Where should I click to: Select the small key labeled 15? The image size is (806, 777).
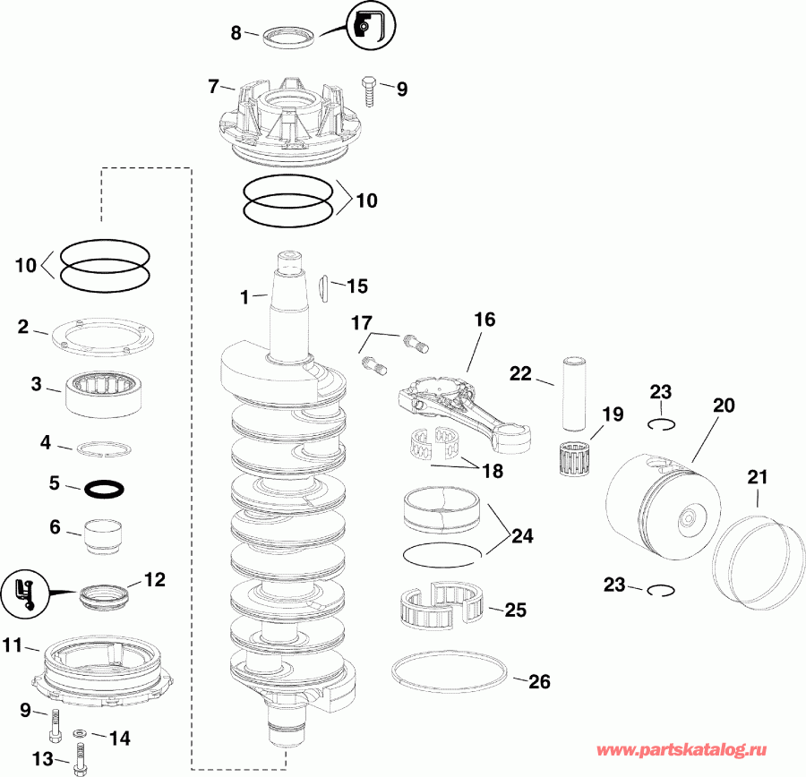(x=324, y=286)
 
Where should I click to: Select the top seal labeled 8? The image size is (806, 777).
(x=289, y=37)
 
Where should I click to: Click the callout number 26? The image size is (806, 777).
(x=538, y=682)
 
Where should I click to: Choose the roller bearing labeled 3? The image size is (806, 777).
(x=105, y=390)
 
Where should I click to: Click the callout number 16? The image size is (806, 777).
(x=484, y=320)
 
